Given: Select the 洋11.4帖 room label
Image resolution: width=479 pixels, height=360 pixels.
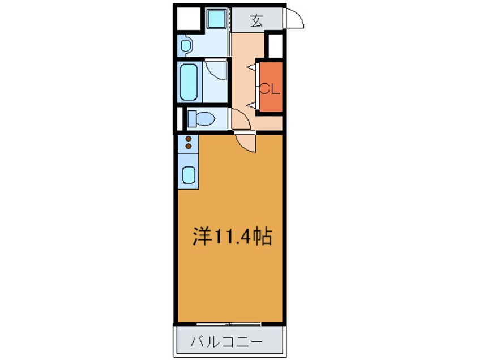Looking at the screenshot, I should coord(232,236).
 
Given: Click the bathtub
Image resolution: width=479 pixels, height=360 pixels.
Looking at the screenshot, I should coord(189,82).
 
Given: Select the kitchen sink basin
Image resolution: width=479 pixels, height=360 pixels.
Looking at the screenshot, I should coord(188,175).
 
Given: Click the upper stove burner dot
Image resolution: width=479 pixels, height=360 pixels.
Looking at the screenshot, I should coord(188,139).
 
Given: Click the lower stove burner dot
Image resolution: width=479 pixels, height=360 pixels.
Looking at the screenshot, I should coord(188,147).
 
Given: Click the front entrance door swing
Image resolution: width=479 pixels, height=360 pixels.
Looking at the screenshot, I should coord(294,19).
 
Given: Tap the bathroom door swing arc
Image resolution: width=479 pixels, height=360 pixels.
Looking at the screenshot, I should coord(216,71).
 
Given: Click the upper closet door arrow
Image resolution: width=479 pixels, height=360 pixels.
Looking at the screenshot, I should coord(250,67).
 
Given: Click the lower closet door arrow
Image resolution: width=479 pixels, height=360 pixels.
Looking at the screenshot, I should coord(250,105).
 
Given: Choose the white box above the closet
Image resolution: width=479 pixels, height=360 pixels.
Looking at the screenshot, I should coord(275,46).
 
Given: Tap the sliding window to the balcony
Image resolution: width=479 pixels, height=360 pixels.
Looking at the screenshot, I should coord(229,324).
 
